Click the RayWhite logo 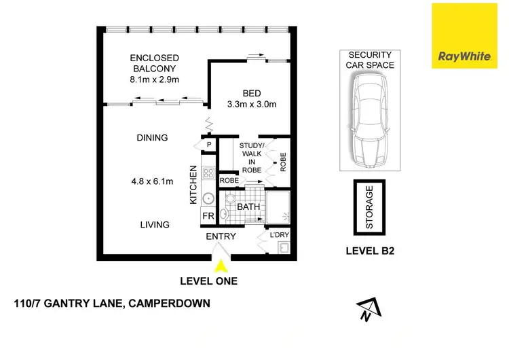pos(465,35)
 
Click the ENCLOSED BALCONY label pos(155,69)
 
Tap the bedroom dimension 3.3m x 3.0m pos(252,105)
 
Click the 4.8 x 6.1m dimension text pos(152,181)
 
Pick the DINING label pos(151,138)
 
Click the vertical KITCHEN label pos(193,186)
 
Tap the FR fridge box pos(208,217)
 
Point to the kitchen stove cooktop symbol pos(208,173)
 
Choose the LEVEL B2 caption pos(370,250)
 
